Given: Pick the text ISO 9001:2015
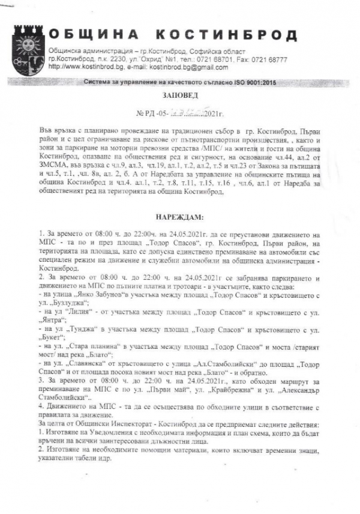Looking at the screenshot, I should tap(251, 80).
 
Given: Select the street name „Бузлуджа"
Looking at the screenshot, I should tap(65, 304).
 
